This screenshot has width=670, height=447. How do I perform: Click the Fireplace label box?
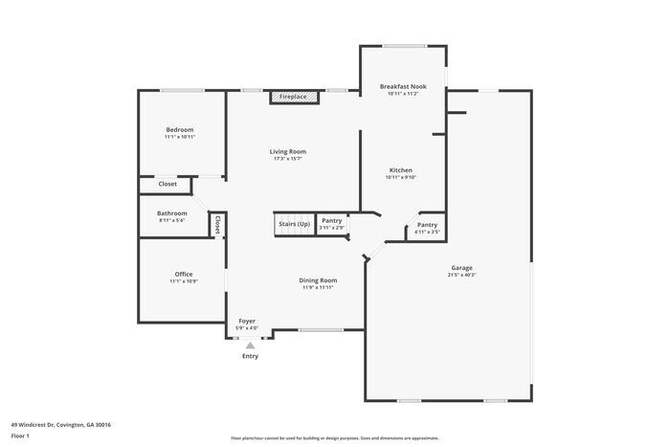(x=293, y=97)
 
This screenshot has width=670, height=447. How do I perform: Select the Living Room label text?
(x=287, y=151)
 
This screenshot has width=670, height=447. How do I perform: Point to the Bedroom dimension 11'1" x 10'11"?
(x=180, y=138)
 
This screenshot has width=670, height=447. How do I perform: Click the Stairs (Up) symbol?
(x=294, y=224)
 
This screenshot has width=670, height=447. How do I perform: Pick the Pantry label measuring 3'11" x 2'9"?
(x=331, y=220)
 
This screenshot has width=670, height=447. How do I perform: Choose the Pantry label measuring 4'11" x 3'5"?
(x=427, y=225)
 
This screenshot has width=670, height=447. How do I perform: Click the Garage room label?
(x=461, y=268)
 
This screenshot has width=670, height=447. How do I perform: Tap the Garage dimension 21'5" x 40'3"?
(x=461, y=276)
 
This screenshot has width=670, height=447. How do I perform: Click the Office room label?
(x=184, y=274)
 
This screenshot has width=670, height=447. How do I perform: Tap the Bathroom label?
(x=172, y=212)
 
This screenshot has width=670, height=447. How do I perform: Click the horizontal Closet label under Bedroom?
(x=167, y=184)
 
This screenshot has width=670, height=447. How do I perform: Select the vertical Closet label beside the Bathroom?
(x=217, y=224)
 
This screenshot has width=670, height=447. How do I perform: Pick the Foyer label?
(x=246, y=322)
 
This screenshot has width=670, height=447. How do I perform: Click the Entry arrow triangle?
(x=251, y=345)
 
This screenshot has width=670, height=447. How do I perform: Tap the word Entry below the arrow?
(x=250, y=356)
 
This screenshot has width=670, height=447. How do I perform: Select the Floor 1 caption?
(x=20, y=436)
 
